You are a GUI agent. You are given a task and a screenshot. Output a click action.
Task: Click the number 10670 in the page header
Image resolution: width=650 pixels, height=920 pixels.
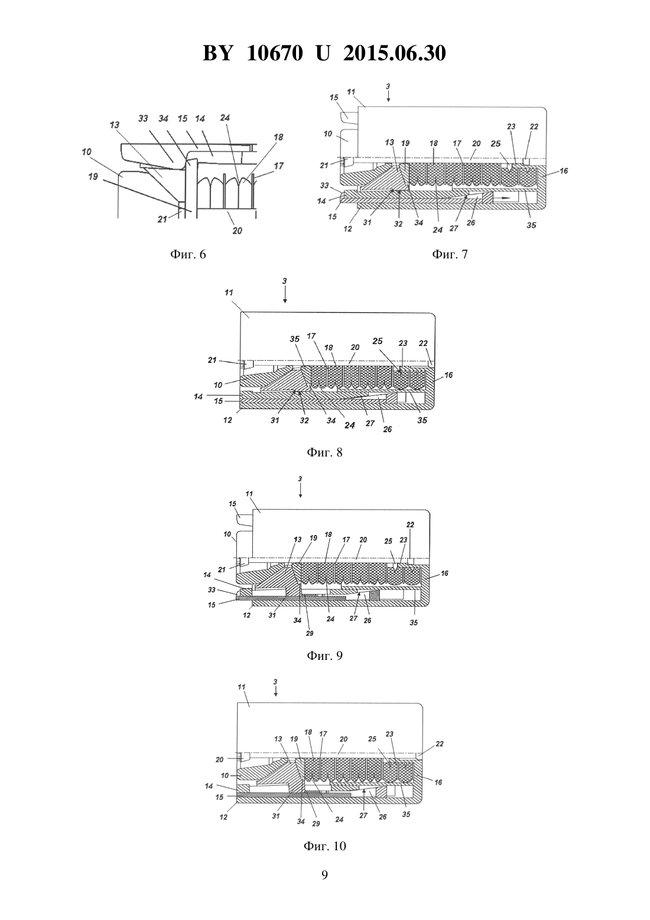tap(275, 53)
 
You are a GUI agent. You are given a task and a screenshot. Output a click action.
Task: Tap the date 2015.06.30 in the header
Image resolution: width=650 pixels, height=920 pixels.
tap(394, 53)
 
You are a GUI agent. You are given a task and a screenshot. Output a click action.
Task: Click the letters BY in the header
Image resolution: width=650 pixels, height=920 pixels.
tap(217, 53)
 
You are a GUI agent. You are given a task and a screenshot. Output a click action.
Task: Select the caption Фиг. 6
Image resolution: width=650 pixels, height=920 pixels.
tap(188, 255)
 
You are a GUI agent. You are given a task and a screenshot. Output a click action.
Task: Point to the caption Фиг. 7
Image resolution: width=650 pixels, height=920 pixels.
tap(450, 254)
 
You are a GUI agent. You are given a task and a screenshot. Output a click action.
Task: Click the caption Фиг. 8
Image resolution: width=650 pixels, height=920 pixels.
tap(324, 452)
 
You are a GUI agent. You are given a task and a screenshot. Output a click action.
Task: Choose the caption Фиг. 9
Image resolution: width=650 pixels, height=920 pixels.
tap(324, 656)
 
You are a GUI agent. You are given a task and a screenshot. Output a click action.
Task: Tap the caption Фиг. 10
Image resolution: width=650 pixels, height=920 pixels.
tap(324, 846)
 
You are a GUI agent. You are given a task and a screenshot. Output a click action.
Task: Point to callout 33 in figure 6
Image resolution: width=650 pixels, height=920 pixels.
tap(143, 119)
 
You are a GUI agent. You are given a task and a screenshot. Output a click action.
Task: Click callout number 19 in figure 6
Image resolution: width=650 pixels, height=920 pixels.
tap(93, 176)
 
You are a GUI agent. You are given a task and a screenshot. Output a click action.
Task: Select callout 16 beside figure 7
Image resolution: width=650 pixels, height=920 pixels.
tap(564, 170)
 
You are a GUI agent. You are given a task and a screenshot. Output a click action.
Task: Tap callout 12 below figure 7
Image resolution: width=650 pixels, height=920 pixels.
tap(347, 229)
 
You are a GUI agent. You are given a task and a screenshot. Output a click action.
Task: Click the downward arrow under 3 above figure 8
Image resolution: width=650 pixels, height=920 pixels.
tap(285, 296)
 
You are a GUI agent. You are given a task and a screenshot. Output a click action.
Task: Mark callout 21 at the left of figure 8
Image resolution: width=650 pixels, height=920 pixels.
tap(212, 360)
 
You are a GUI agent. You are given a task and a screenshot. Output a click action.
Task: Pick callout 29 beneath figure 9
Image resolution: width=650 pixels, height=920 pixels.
tap(310, 633)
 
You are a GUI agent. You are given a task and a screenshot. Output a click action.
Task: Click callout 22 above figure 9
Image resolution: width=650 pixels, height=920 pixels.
tap(410, 524)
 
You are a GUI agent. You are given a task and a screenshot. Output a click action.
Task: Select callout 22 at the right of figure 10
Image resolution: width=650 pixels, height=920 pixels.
tap(440, 744)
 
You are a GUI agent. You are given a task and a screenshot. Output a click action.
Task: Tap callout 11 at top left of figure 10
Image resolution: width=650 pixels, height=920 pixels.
tap(241, 686)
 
